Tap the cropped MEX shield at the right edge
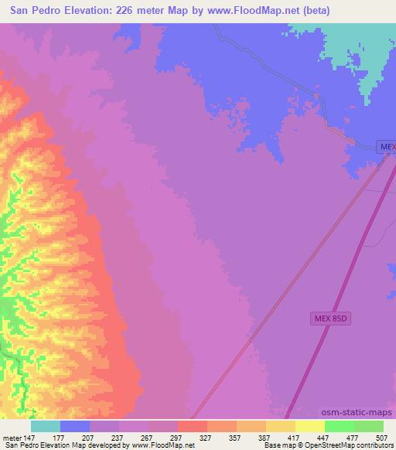(387, 146)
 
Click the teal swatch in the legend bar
(46, 426)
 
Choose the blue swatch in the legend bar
(75, 426)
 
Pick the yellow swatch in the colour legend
(310, 426)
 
